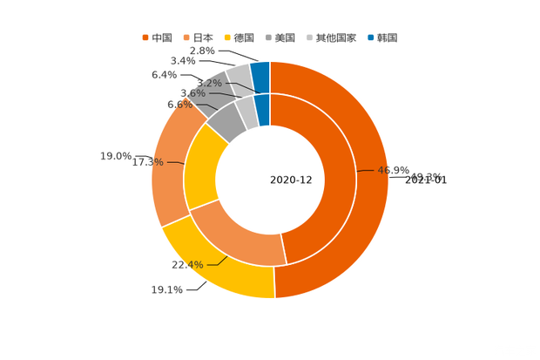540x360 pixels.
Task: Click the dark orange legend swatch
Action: (x=145, y=37)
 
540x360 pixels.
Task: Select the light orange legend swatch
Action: (x=186, y=37)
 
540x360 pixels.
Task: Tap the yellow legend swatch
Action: (x=228, y=37)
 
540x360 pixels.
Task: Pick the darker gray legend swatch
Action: (x=270, y=37)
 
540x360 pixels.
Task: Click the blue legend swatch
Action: (x=371, y=37)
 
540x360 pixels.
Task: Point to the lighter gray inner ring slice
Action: (x=246, y=111)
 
